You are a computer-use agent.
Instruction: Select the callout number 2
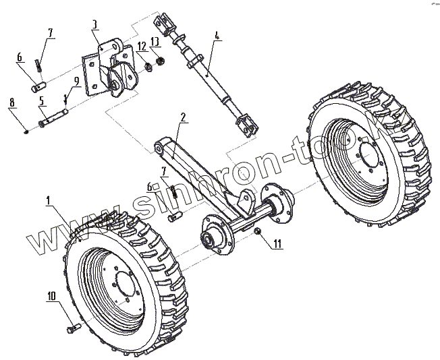[x=182, y=117]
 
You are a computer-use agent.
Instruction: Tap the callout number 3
[x=95, y=24]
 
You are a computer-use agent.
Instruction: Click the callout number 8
[x=12, y=102]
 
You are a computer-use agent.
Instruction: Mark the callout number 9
[x=77, y=81]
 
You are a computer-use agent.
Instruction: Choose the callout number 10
[x=51, y=296]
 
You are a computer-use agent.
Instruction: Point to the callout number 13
[x=156, y=42]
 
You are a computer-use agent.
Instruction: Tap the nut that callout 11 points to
[x=258, y=233]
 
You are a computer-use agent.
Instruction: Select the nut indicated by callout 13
[x=161, y=61]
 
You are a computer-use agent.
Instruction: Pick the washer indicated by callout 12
[x=146, y=67]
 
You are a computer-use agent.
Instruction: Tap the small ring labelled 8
[x=26, y=131]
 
